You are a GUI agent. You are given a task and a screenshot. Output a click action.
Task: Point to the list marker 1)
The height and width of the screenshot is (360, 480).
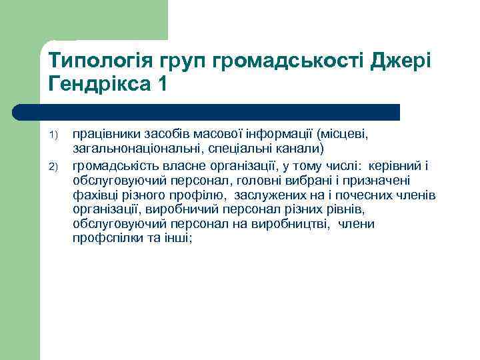56,136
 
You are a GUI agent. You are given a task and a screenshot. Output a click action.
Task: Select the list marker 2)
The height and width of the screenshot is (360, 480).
56,165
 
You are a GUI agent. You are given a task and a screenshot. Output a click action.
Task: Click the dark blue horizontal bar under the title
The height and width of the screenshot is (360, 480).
207,112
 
